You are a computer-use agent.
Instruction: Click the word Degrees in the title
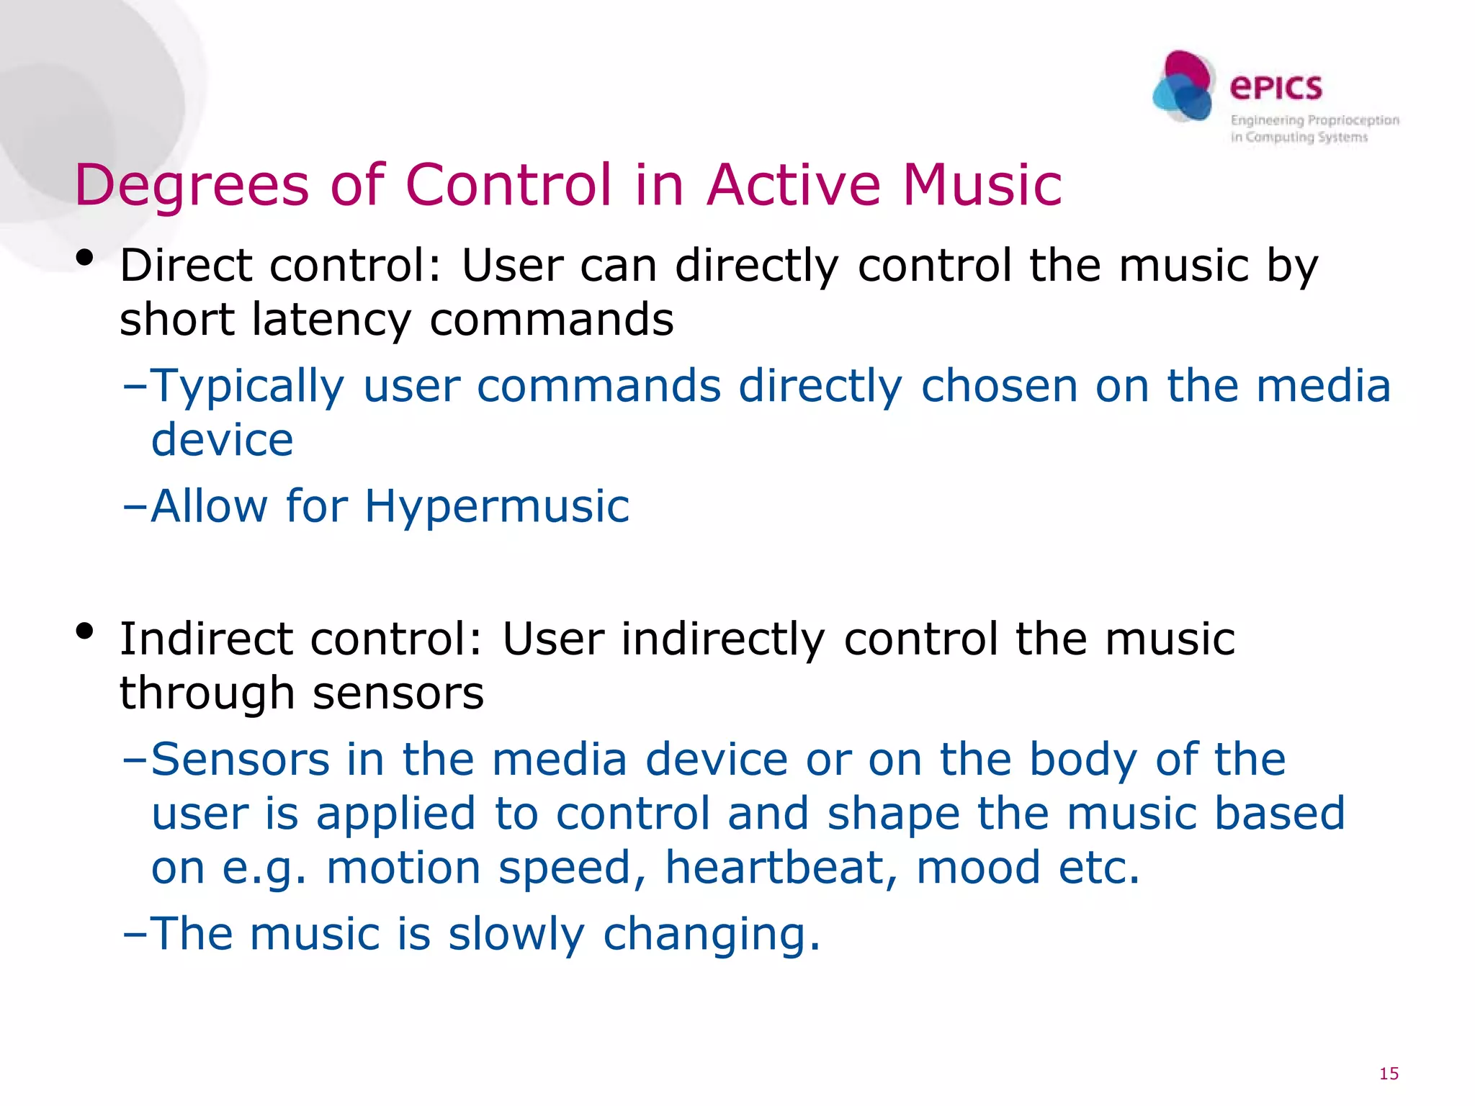coord(192,186)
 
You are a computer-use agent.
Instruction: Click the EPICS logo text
coord(1276,88)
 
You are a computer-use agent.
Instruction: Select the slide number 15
coord(1389,1074)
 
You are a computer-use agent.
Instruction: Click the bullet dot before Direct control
coord(85,258)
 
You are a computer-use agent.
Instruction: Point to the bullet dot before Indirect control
coord(85,631)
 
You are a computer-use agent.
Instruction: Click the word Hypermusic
coord(497,506)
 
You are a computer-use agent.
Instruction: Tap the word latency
coord(331,319)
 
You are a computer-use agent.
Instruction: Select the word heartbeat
coord(781,867)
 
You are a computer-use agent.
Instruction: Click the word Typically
coord(248,387)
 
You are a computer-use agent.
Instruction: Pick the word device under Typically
coord(222,440)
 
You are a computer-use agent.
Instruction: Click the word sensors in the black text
coord(398,693)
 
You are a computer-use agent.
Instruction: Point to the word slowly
coord(516,934)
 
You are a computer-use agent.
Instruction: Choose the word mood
coord(978,867)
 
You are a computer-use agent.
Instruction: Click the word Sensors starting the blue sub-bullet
coord(240,760)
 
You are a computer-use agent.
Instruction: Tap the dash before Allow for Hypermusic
coord(135,506)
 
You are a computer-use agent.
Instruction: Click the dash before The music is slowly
coord(135,934)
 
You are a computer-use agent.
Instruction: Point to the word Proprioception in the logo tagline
coord(1353,120)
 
